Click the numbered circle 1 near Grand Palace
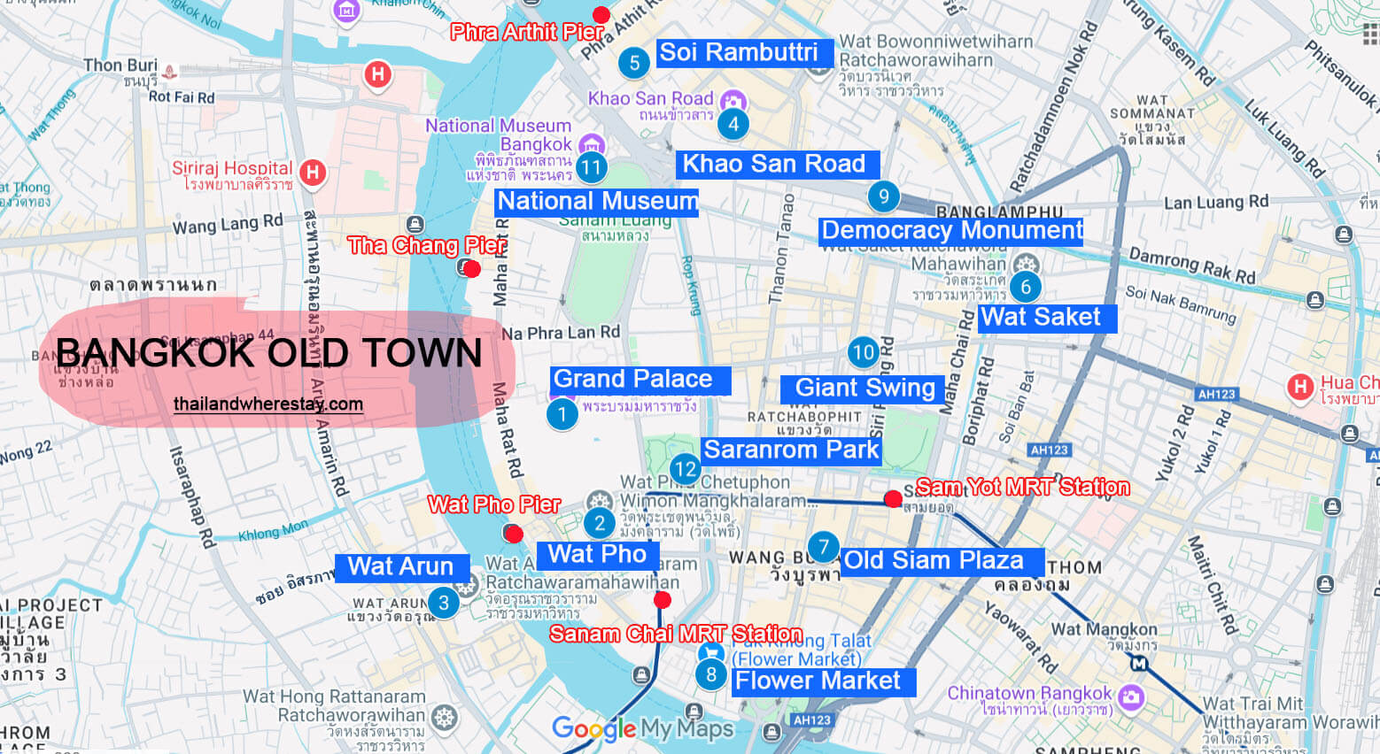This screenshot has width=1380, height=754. pos(562,414)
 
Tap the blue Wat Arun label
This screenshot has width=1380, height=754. pos(401,566)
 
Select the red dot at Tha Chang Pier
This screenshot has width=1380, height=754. pos(472,268)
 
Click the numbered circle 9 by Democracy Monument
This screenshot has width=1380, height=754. pos(883,196)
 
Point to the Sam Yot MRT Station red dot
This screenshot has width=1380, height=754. pos(893,498)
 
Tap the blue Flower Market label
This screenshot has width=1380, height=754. pos(818,681)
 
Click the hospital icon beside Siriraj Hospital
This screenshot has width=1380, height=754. pos(312,172)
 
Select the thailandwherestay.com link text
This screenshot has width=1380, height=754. pos(268,404)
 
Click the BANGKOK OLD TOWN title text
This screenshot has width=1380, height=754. pos(269,353)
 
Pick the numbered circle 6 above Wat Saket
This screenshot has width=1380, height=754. pos(1026,287)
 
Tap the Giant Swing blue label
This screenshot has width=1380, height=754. pos(864,388)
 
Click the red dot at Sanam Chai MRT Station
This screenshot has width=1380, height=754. pos(662,600)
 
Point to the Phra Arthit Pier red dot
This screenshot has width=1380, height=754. pos(601,14)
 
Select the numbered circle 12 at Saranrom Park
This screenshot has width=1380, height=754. pos(685,468)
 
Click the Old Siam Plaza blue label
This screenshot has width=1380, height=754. pos(934,560)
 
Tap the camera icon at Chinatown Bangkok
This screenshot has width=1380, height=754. pos(1130,696)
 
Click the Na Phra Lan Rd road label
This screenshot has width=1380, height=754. pos(561,333)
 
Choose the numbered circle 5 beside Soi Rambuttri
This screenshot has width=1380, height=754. pos(634,63)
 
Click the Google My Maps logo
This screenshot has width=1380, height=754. pos(643,728)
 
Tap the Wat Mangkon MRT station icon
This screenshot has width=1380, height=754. pos(1139,663)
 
